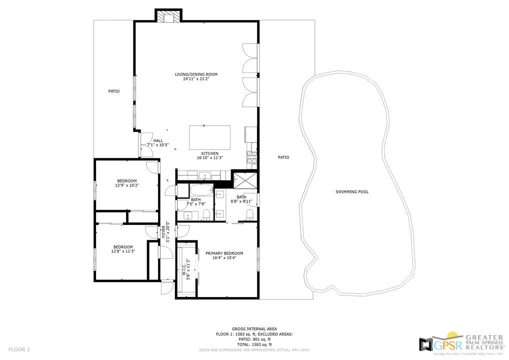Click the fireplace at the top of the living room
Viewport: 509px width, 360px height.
pyautogui.click(x=168, y=17)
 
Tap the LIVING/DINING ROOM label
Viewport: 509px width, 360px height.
pyautogui.click(x=196, y=74)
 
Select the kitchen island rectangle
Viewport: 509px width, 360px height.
pyautogui.click(x=209, y=137)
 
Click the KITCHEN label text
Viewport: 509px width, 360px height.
pyautogui.click(x=209, y=153)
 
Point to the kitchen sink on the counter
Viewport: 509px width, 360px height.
pyautogui.click(x=205, y=175)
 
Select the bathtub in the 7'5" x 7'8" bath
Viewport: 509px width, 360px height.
pyautogui.click(x=201, y=191)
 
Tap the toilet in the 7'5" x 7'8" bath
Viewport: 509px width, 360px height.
pyautogui.click(x=206, y=215)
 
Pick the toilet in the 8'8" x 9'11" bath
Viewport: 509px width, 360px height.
pyautogui.click(x=249, y=215)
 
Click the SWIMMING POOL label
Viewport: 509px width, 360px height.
pyautogui.click(x=352, y=191)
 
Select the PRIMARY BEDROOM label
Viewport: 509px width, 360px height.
pyautogui.click(x=224, y=253)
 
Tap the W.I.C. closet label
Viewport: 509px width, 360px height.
pyautogui.click(x=183, y=270)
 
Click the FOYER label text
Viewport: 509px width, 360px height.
pyautogui.click(x=163, y=232)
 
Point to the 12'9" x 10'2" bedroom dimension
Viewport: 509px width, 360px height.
pyautogui.click(x=126, y=185)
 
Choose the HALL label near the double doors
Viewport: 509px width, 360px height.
pyautogui.click(x=158, y=140)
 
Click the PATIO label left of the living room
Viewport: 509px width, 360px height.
pyautogui.click(x=114, y=91)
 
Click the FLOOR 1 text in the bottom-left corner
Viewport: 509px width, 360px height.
pyautogui.click(x=19, y=349)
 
